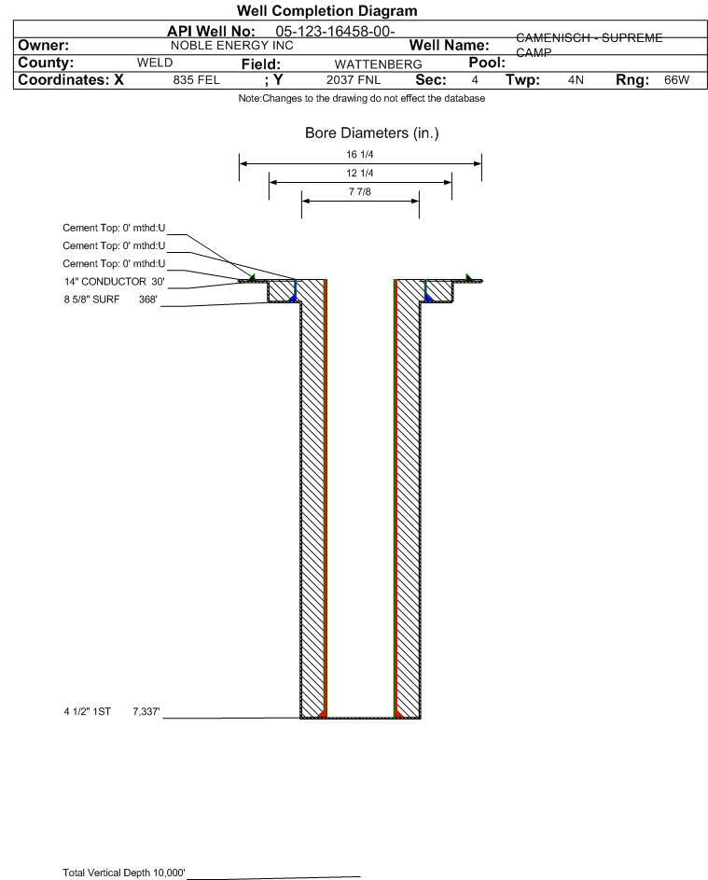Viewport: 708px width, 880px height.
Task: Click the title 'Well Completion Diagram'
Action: [327, 10]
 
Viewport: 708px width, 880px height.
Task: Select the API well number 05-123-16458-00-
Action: [335, 32]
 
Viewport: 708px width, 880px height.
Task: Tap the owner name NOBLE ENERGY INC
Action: [231, 46]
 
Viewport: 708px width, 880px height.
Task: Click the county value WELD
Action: [155, 63]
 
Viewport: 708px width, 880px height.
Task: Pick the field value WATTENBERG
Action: [378, 64]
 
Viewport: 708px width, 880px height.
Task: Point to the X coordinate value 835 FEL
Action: [196, 80]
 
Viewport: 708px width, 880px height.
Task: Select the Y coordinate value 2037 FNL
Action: [354, 80]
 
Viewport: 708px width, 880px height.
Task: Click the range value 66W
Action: [676, 80]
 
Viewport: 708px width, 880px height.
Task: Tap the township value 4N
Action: [576, 80]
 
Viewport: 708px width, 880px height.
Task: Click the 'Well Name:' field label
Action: [449, 46]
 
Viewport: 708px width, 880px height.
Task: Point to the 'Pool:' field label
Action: [487, 63]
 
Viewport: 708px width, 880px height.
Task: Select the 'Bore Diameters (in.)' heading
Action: [372, 133]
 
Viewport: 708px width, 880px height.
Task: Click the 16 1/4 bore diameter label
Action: [360, 154]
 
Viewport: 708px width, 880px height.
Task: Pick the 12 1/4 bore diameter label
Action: [360, 173]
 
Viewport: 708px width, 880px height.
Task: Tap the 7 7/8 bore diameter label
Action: [360, 192]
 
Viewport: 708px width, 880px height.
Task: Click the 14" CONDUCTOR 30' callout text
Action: [115, 282]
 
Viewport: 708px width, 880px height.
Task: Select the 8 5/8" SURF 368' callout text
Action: [110, 300]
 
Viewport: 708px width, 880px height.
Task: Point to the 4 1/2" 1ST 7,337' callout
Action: [112, 712]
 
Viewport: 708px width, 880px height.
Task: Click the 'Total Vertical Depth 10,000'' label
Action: [124, 873]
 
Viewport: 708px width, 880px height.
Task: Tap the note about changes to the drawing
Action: [362, 98]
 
